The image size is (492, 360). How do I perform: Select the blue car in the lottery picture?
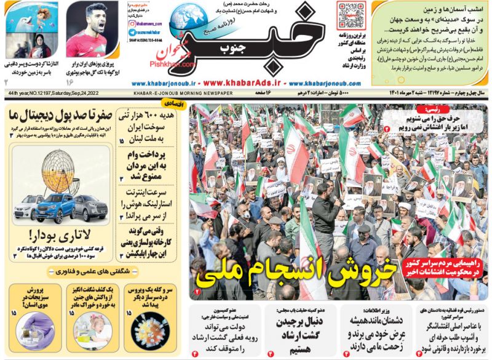click(55, 207)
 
